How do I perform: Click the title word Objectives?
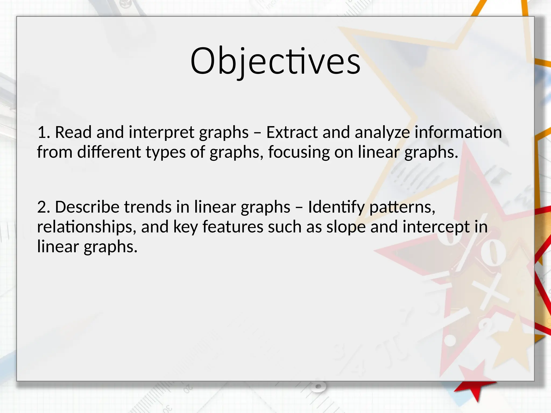click(275, 61)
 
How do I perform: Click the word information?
click(458, 132)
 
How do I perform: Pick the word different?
click(109, 152)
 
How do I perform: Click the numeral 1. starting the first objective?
click(44, 132)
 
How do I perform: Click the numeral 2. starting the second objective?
click(44, 207)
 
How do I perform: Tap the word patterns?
click(402, 208)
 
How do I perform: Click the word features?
click(233, 227)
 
